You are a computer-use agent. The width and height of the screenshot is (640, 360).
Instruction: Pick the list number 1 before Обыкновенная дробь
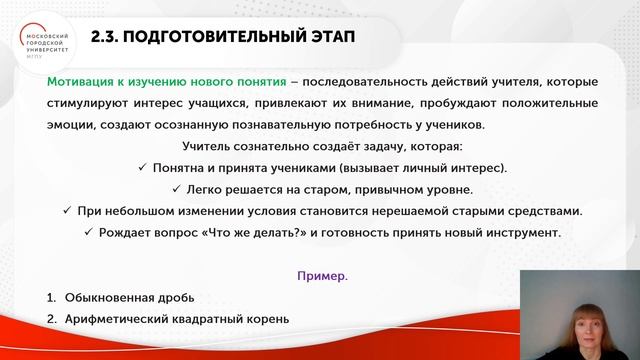coord(51,298)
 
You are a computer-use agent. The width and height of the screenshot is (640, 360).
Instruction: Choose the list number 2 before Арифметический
coord(51,320)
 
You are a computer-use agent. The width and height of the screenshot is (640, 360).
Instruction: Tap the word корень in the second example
coord(265,320)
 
